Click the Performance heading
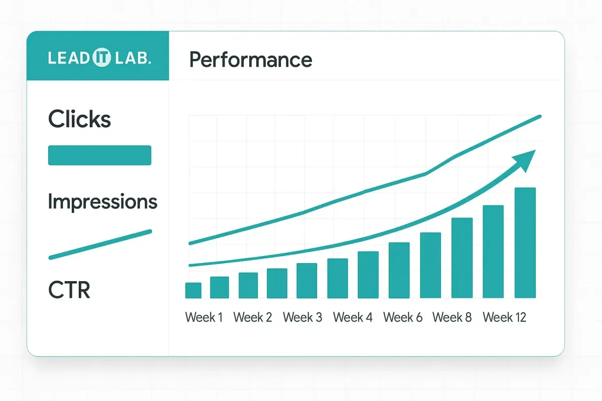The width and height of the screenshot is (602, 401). (x=251, y=60)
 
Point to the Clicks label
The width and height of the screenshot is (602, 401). (x=79, y=119)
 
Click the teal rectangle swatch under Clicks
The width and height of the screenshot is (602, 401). (x=99, y=155)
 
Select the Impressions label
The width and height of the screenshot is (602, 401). (x=102, y=202)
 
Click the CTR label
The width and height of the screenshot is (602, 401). (x=69, y=290)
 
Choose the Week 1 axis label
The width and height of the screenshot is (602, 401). (x=204, y=317)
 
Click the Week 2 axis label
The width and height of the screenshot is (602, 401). (x=253, y=317)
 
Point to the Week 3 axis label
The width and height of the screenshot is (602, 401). (x=303, y=317)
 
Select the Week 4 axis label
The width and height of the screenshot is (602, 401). (x=353, y=317)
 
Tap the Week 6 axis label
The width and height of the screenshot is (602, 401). (x=403, y=317)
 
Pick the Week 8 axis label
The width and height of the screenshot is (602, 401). (x=452, y=317)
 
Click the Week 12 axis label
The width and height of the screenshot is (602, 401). (x=504, y=317)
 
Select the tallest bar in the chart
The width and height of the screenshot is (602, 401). (x=525, y=243)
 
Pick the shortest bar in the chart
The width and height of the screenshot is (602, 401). (x=193, y=291)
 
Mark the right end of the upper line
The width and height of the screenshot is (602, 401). (x=539, y=117)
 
